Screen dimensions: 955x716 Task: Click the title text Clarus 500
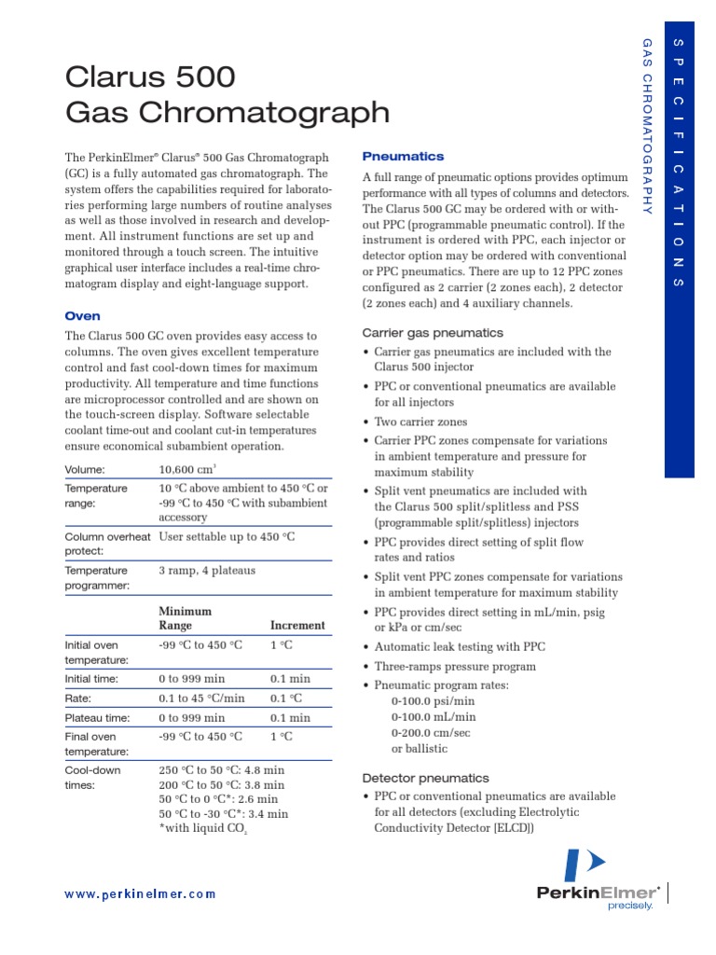pos(150,76)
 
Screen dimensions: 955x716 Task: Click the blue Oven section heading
pos(82,316)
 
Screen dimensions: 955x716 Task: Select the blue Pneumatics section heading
pos(403,157)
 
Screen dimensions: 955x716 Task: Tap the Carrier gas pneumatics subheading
pos(432,333)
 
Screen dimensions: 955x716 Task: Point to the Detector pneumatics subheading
pos(424,778)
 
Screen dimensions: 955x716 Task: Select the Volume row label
pos(85,470)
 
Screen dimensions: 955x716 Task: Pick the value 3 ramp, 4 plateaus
pos(207,570)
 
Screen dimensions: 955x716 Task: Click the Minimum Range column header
pos(185,618)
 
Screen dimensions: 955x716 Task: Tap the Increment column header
pos(297,626)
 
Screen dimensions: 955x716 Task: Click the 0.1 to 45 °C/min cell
pos(201,699)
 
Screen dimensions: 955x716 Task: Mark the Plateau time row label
pos(97,718)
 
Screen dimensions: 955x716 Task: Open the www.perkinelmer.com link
pos(140,893)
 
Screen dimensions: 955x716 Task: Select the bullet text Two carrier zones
pos(420,422)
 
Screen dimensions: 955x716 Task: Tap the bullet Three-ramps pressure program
pos(455,667)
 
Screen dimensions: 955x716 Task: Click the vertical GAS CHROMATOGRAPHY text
pos(647,126)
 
